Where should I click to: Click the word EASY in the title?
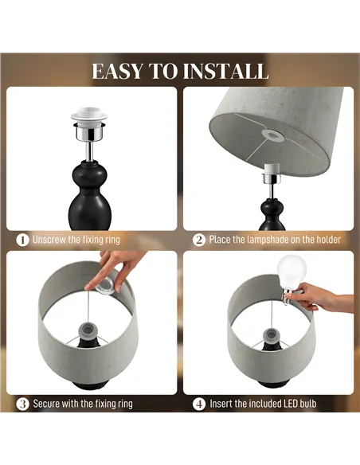tap(118, 71)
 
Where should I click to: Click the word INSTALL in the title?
tap(225, 71)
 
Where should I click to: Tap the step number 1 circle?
tap(23, 239)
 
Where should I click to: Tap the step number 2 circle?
tap(199, 239)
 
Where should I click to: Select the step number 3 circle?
tap(23, 404)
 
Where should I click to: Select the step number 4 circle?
tap(199, 404)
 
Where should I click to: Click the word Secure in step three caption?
tap(47, 404)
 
